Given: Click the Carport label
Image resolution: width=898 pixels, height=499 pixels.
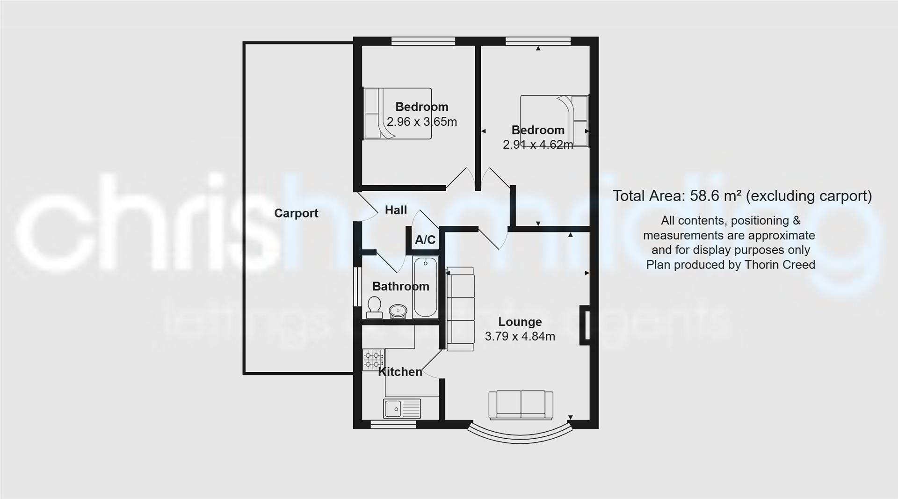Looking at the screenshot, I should (x=296, y=213).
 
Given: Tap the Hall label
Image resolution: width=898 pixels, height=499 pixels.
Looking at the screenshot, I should (x=396, y=210).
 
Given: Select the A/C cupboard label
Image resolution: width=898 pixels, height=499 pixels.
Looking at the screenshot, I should (x=425, y=240).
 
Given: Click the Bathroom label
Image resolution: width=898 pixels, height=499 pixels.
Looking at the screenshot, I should (x=400, y=286).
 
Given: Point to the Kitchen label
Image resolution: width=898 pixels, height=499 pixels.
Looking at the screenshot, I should (x=400, y=372).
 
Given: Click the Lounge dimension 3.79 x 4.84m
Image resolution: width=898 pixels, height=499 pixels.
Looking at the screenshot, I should (x=520, y=336).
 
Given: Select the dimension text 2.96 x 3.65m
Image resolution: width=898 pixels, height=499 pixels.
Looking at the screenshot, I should (x=421, y=122).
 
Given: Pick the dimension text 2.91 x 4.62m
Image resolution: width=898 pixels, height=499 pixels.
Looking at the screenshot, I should (x=537, y=145).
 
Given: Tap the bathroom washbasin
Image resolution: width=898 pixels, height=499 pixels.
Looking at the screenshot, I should (x=398, y=311).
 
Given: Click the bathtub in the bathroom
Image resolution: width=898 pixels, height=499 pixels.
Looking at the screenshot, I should (x=425, y=288).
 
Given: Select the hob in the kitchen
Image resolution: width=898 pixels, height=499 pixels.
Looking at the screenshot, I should (x=373, y=360).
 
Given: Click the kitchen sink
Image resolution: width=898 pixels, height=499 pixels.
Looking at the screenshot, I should (x=402, y=409).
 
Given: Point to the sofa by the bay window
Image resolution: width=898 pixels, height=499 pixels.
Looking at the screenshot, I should (x=521, y=405).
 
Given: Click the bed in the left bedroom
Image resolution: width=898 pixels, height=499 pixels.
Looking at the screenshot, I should (x=397, y=114).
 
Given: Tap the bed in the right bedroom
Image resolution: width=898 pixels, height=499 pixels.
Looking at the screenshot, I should (x=555, y=121).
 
